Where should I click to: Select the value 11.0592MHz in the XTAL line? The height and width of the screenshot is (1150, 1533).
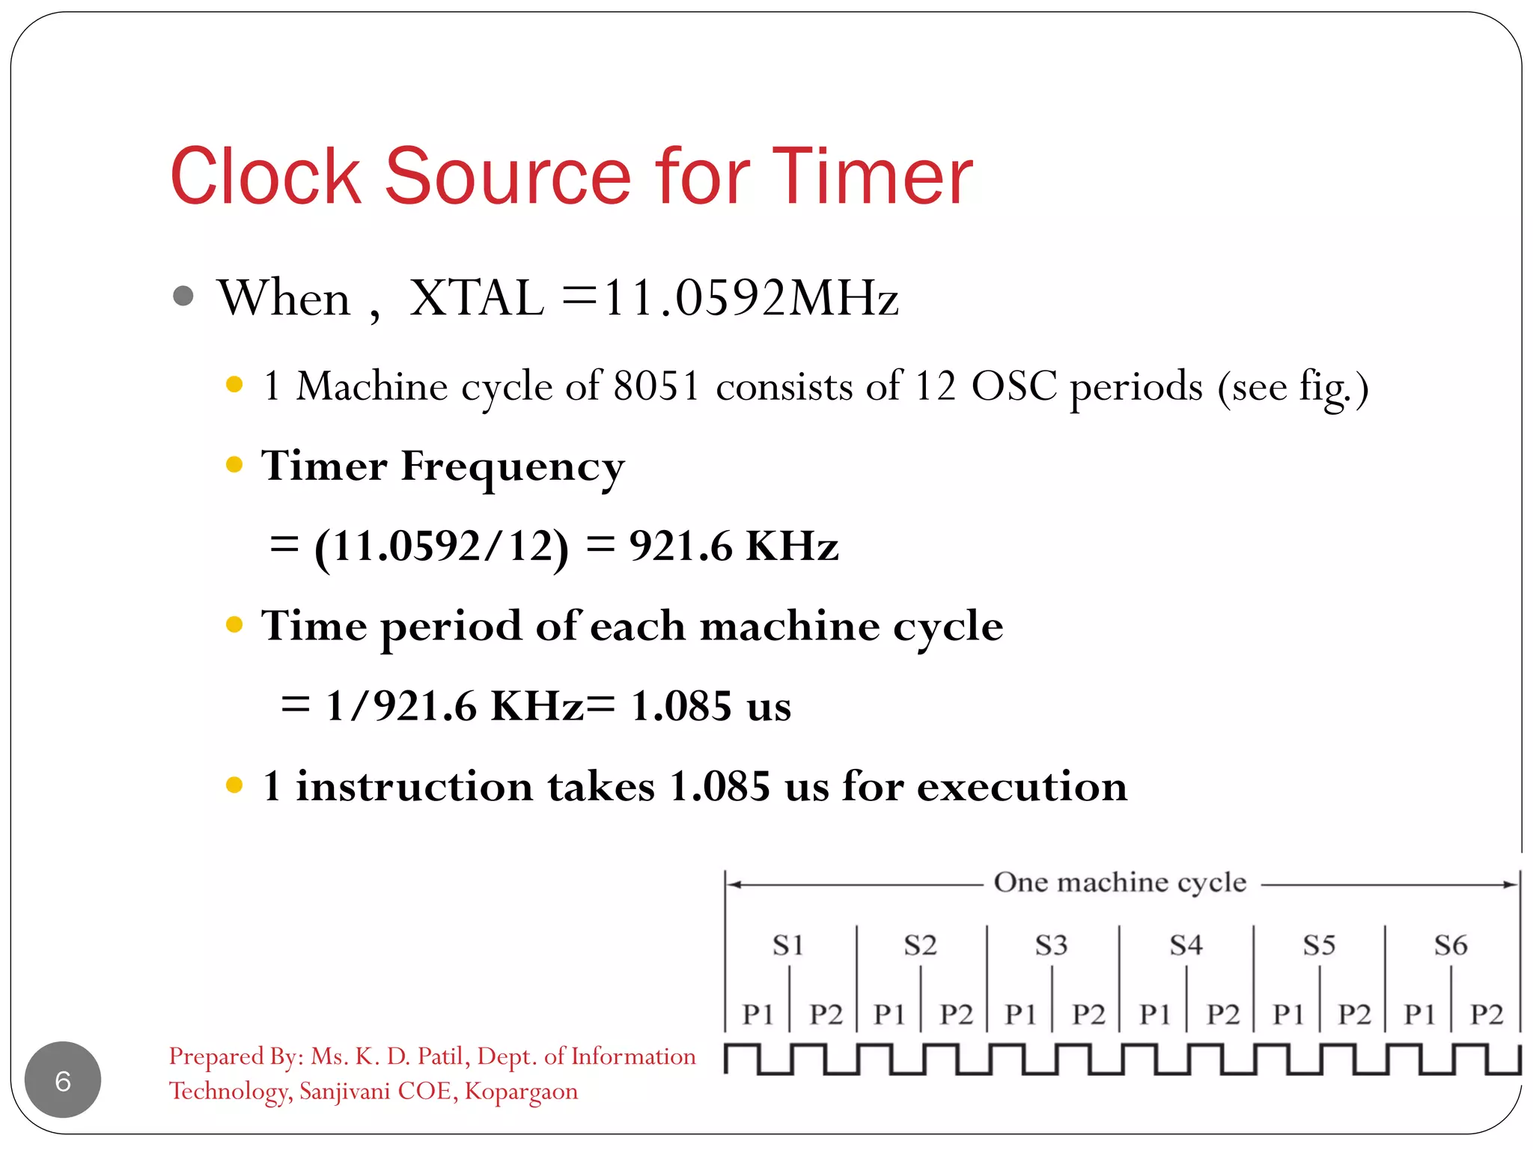pos(751,298)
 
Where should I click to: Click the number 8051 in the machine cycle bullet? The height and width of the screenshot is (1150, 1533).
pos(656,386)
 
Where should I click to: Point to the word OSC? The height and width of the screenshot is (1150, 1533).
pos(1014,386)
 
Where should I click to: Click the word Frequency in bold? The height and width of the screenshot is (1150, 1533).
pos(513,467)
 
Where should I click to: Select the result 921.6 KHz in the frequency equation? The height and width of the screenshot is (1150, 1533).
pos(734,546)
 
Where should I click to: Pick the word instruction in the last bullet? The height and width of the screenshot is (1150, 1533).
pos(415,786)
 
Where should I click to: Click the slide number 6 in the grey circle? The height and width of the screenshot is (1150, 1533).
pos(63,1080)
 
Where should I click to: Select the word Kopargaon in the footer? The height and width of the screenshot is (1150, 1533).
pos(521,1092)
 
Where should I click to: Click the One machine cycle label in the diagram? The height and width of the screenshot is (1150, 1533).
pos(1120,883)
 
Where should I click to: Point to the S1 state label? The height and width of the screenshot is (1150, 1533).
pos(788,946)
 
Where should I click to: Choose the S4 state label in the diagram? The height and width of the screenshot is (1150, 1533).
pos(1186,946)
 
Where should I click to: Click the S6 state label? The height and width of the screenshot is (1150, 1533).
pos(1451,946)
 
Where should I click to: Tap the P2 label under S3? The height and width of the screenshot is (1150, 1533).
pos(1088,1014)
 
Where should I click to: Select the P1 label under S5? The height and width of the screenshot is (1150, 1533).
pos(1288,1014)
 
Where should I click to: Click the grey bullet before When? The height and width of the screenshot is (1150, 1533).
pos(183,296)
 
